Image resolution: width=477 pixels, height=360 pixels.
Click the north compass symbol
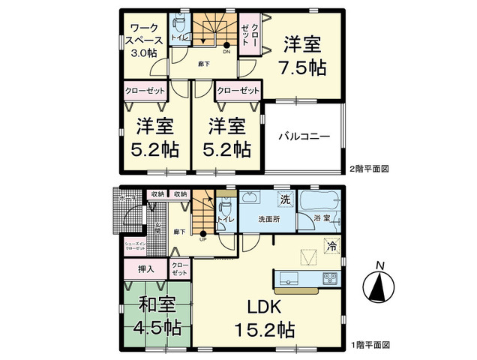click(x=381, y=286)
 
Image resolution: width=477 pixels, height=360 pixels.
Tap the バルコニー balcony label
click(x=303, y=137)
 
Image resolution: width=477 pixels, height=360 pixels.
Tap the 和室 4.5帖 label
click(x=157, y=316)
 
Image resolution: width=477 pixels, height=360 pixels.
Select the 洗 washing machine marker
click(x=285, y=201)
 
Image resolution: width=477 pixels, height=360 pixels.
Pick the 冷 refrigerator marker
click(x=331, y=245)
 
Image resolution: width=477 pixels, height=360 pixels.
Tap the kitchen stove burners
click(x=331, y=279)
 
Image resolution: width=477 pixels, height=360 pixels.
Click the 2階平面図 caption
click(x=368, y=169)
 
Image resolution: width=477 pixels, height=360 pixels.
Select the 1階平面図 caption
click(x=368, y=346)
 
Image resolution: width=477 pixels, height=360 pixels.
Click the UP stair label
click(x=203, y=239)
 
